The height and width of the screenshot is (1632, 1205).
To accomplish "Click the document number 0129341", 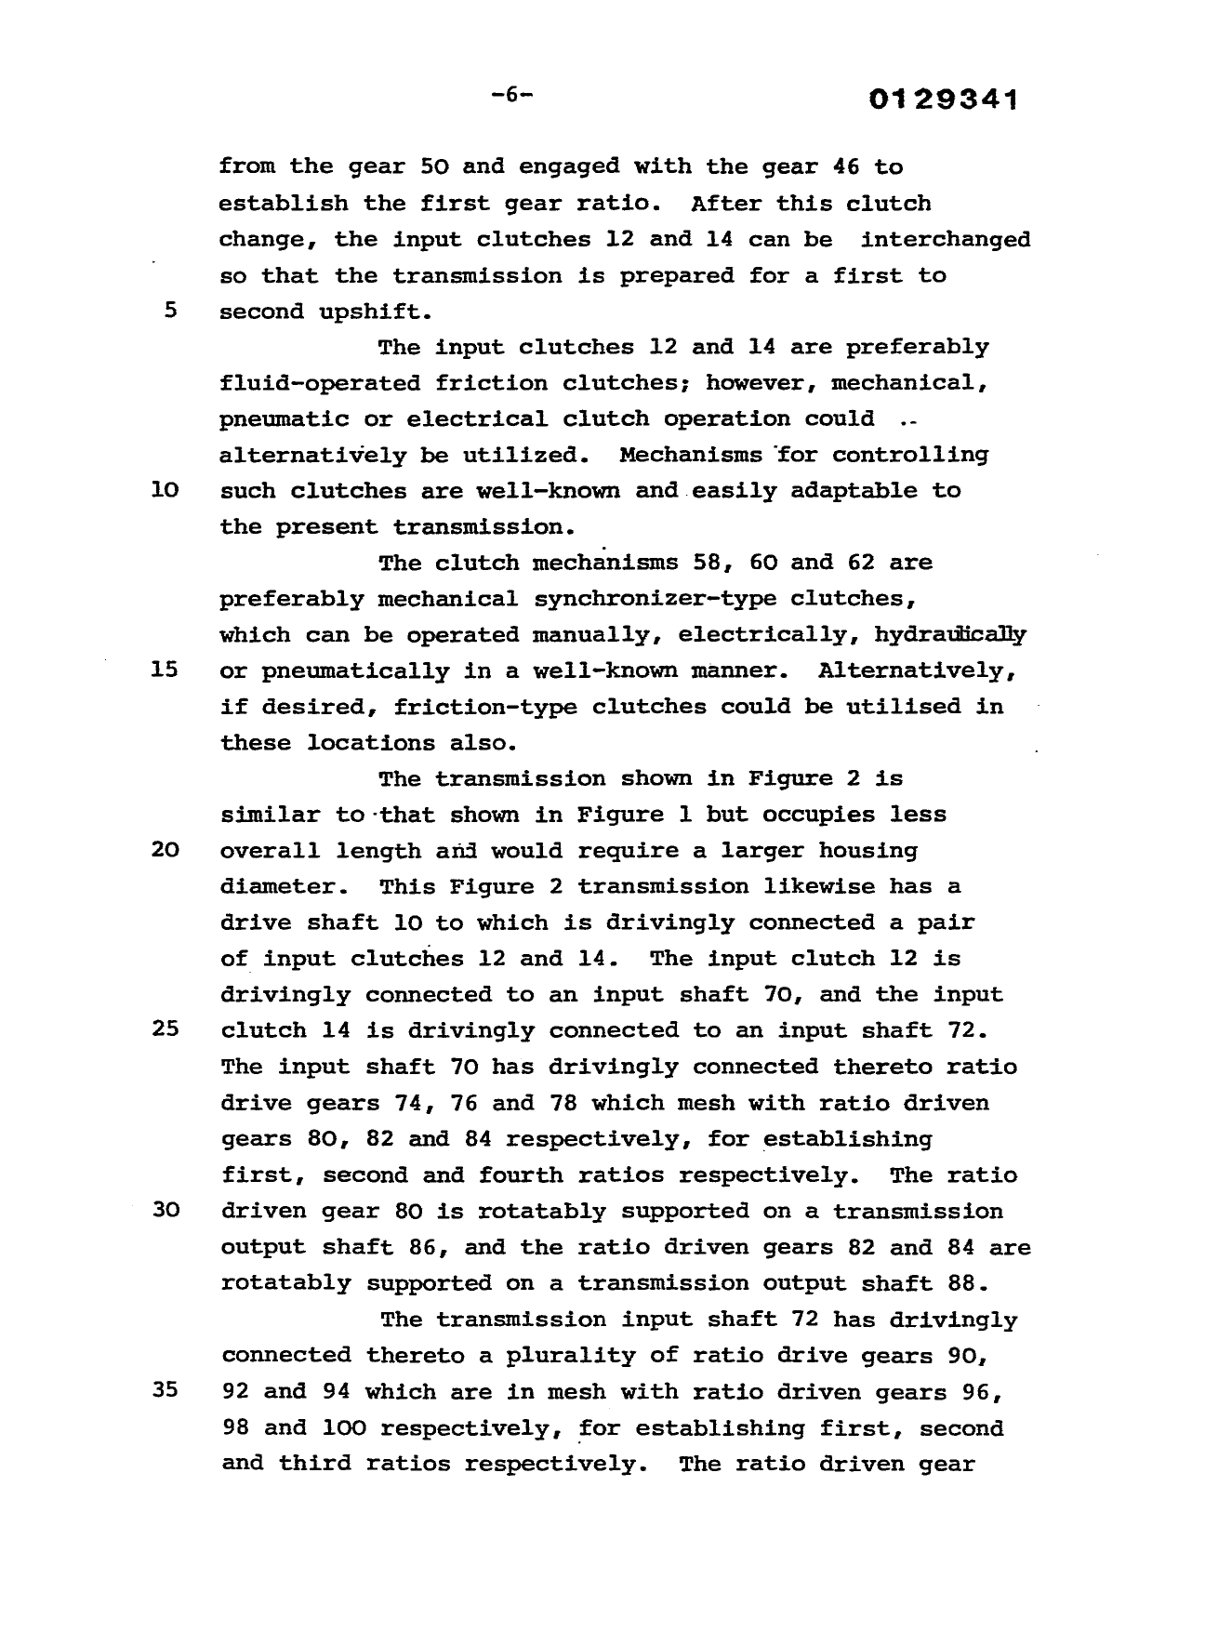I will coord(943,100).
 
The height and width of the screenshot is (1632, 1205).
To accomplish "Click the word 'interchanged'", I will coord(945,239).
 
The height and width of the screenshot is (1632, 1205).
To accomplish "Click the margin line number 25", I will coord(164,1029).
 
